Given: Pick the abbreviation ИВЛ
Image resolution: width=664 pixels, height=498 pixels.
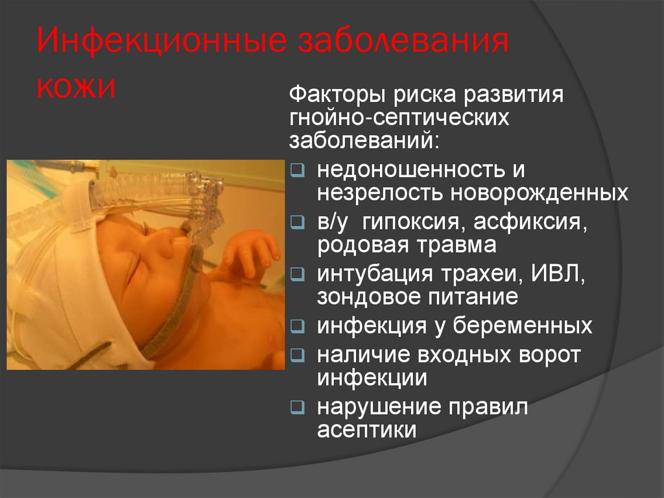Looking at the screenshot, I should coord(555,274).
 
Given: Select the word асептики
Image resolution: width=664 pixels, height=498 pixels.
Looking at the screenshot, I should coord(366,430).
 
